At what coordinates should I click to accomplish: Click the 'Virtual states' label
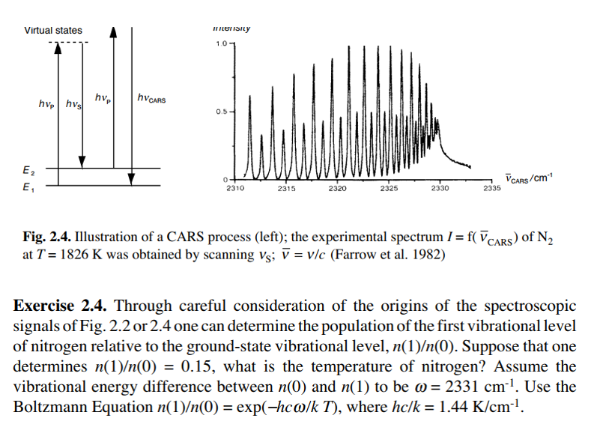click(x=53, y=31)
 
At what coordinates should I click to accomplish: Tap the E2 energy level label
click(x=28, y=172)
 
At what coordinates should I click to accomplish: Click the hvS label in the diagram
click(x=73, y=104)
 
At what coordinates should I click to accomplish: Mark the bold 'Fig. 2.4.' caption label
click(x=46, y=237)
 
